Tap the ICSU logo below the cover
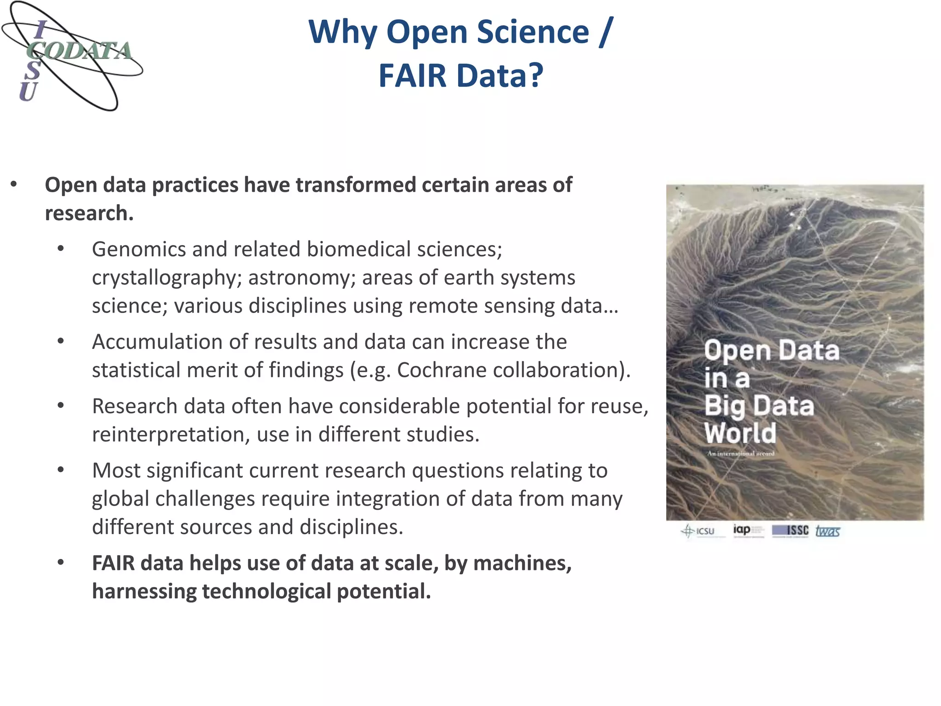[698, 531]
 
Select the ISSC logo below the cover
[790, 531]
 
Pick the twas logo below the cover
[828, 531]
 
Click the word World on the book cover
[740, 433]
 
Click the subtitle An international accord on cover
[741, 454]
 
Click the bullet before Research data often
[61, 406]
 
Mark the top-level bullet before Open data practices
[14, 184]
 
